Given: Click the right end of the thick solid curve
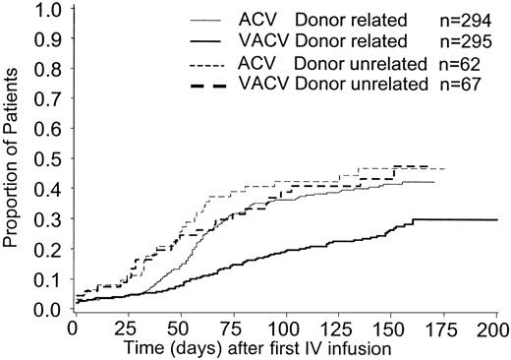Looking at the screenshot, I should click(x=494, y=220).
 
